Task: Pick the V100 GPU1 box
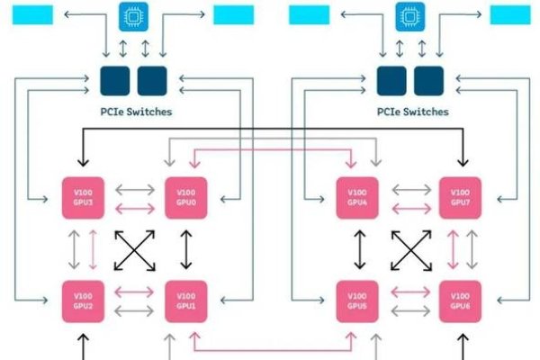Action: pos(186,301)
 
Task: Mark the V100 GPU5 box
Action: pos(358,301)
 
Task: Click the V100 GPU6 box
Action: pos(460,301)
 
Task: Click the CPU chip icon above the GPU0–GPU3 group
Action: pos(134,15)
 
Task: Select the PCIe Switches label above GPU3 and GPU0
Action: pos(134,112)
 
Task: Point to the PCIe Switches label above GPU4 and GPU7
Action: pos(410,112)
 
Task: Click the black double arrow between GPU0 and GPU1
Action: pos(186,249)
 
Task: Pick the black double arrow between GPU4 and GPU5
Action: pos(358,249)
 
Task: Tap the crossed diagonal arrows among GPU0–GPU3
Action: pos(135,249)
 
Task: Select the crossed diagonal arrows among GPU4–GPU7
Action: pos(409,249)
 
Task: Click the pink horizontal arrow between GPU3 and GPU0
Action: pos(135,208)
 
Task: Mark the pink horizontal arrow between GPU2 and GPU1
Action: pos(135,291)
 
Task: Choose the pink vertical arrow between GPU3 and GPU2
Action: pos(92,249)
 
